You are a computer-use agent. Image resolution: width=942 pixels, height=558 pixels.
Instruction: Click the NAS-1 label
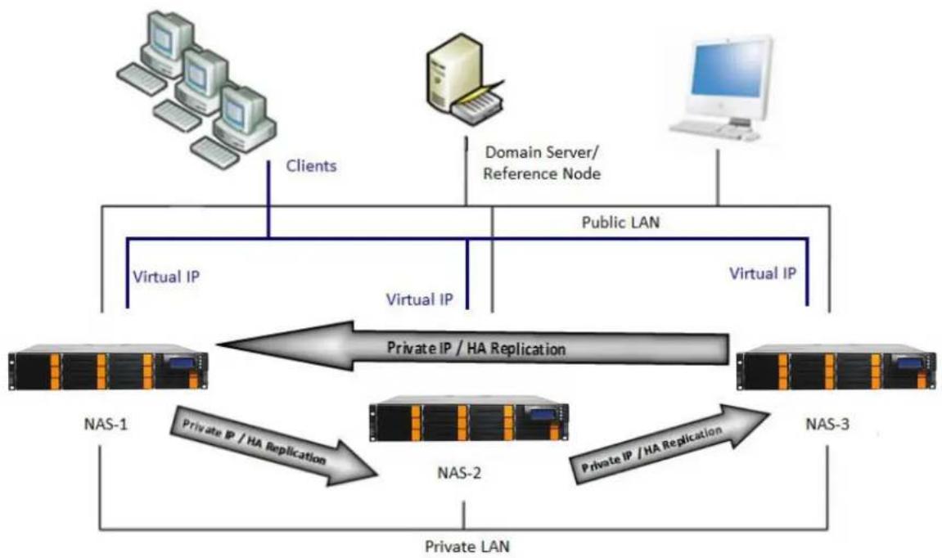pos(106,424)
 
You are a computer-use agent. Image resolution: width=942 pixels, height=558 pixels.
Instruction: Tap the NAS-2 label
pos(459,473)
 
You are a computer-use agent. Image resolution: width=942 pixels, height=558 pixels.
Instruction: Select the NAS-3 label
pos(827,424)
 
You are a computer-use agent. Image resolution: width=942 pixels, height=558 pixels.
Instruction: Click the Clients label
pos(311,166)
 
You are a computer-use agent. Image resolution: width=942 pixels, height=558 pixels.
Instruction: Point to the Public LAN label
pos(620,223)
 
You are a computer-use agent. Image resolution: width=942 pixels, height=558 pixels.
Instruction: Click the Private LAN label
pos(467,547)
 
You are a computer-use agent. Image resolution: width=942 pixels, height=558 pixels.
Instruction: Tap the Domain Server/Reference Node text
pos(542,163)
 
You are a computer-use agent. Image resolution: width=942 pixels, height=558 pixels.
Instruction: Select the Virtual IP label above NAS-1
pos(166,277)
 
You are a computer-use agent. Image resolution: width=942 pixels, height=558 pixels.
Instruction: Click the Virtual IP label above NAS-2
pos(419,299)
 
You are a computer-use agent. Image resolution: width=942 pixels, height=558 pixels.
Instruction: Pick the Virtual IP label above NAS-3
pos(763,273)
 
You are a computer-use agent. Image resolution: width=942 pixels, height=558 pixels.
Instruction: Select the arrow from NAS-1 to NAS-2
pos(273,444)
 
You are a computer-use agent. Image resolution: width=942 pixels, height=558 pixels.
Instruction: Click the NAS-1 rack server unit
pos(108,367)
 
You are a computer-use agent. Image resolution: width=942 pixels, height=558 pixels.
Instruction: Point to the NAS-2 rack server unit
pos(469,419)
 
